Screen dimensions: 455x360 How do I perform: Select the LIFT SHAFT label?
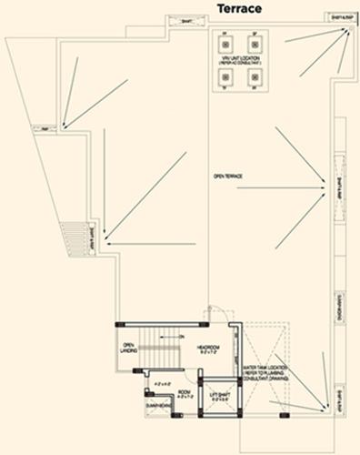click(218, 396)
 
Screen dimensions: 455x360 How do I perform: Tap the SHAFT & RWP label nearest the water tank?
click(337, 398)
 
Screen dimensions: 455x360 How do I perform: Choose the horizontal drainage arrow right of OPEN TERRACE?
click(282, 188)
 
